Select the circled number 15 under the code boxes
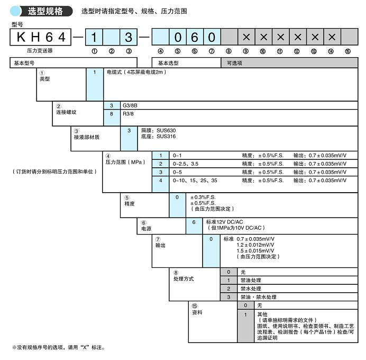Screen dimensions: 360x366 (347, 51)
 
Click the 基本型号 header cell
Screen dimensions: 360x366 (24, 62)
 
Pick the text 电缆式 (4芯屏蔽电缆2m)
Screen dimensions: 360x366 (136, 72)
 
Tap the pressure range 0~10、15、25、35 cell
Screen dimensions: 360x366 (195, 181)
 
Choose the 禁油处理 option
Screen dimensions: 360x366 (251, 280)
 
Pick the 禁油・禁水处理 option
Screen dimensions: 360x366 (259, 297)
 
